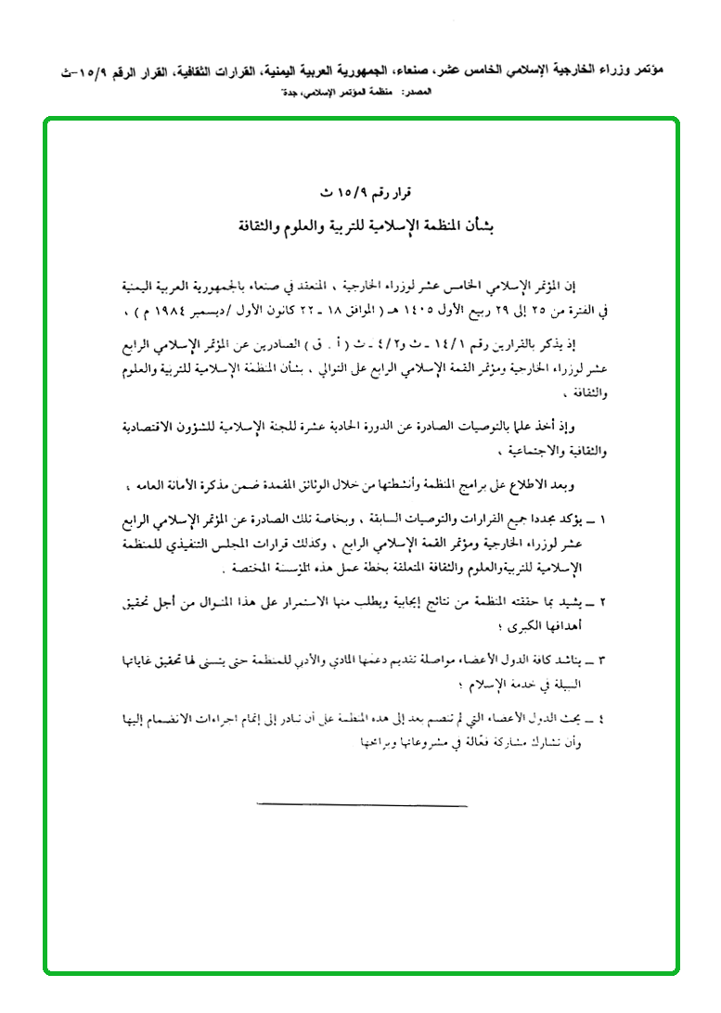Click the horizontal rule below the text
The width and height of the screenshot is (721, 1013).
(x=361, y=805)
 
